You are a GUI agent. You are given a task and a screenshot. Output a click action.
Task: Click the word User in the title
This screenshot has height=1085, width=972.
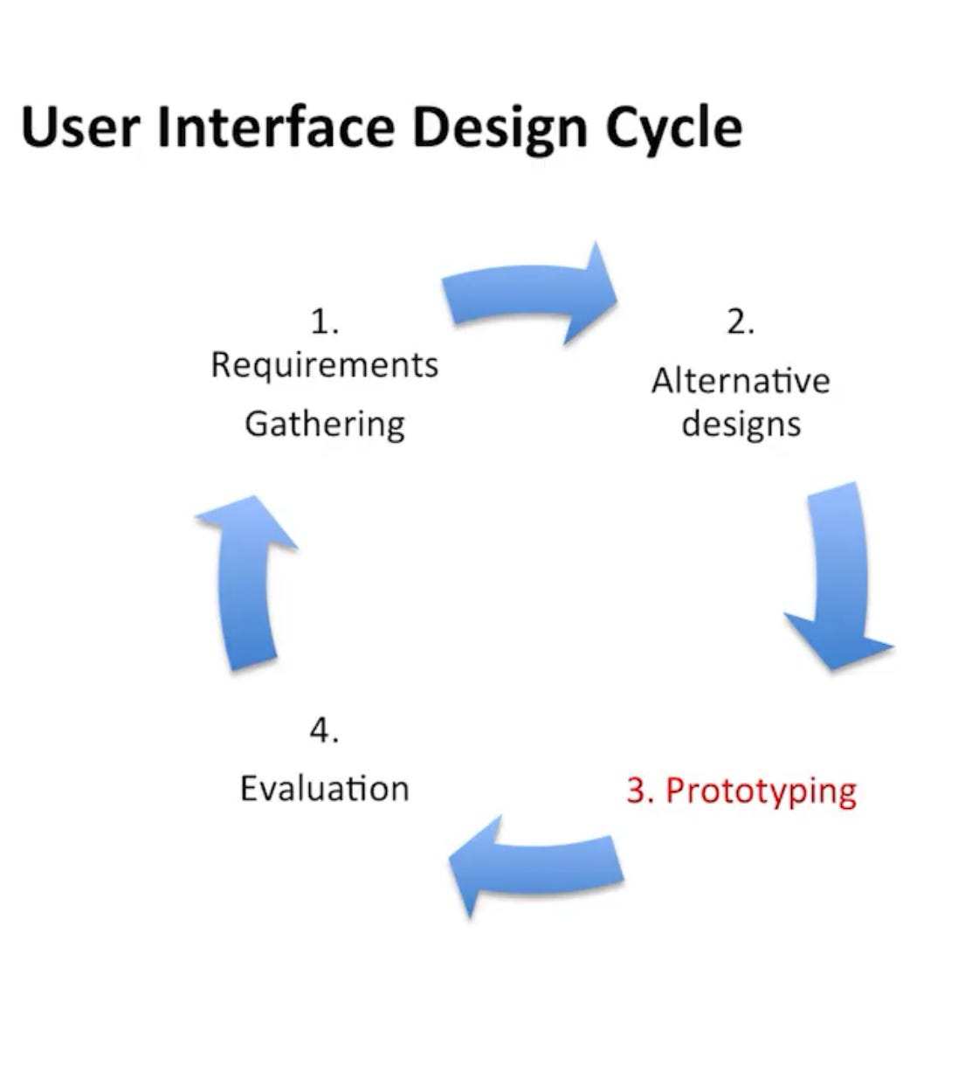(79, 127)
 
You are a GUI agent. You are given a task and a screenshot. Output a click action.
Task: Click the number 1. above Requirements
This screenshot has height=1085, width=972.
(324, 322)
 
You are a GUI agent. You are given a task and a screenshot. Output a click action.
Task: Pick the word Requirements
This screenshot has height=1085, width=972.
(324, 365)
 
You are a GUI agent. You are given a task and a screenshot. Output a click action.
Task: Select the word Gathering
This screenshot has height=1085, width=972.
(324, 424)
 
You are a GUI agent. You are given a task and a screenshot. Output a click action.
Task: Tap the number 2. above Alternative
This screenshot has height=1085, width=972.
(740, 322)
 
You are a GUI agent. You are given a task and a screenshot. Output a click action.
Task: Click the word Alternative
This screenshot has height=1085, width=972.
(740, 381)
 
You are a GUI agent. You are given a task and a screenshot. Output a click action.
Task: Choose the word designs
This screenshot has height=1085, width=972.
(741, 425)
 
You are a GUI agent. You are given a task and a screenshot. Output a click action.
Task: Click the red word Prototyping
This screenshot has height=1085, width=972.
(761, 791)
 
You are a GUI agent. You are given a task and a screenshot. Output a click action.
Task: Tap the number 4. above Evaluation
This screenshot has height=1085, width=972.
(324, 730)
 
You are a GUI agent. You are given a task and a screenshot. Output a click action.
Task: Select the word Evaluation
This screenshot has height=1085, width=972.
(324, 789)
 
